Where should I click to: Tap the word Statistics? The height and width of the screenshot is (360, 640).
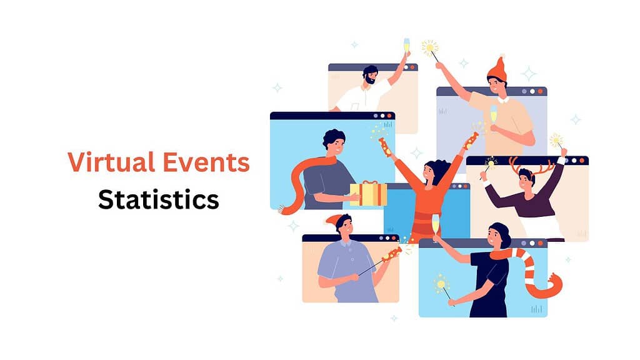159,199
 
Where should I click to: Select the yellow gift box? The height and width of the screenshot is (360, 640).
368,194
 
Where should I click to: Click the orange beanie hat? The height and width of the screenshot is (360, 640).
497,68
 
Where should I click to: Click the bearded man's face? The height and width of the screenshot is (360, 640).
371,76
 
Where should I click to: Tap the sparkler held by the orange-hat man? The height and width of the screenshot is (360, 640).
429,47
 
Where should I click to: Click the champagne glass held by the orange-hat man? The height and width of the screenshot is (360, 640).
494,115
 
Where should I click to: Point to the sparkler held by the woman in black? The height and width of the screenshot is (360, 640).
442,284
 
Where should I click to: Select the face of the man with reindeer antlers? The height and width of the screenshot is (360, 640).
527,181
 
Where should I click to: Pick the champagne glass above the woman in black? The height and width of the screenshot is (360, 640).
436,223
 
